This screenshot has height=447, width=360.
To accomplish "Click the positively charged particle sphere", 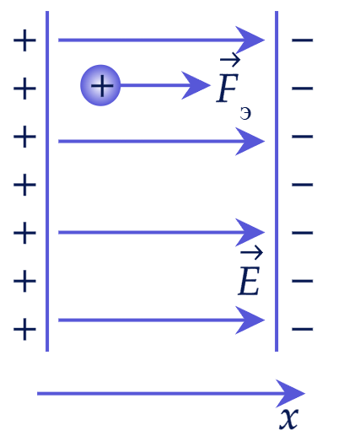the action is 100,85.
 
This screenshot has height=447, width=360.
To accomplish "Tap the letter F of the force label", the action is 228,88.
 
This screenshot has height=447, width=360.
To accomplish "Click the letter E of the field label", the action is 249,281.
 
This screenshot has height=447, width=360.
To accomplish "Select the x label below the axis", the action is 289,418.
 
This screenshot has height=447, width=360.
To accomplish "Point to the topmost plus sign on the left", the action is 24,40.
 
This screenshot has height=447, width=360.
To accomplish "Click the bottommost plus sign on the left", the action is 24,329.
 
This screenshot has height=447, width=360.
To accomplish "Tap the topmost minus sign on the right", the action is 303,40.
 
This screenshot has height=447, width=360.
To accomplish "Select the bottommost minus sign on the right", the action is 303,329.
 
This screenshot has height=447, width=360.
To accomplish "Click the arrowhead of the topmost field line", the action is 250,40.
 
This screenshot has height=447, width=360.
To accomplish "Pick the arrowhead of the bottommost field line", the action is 250,320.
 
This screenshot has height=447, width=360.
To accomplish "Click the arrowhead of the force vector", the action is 196,85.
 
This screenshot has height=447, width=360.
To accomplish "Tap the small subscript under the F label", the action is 245,114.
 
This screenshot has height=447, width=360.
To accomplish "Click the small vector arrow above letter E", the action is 251,252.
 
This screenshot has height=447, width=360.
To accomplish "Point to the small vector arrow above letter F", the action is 230,60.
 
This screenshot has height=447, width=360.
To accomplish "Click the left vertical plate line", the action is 47,181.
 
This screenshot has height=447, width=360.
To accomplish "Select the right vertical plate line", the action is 277,181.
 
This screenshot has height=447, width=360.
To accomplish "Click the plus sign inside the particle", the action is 102,85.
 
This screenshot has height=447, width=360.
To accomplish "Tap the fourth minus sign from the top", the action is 303,185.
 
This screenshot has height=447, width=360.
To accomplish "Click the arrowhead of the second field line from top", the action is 250,141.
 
